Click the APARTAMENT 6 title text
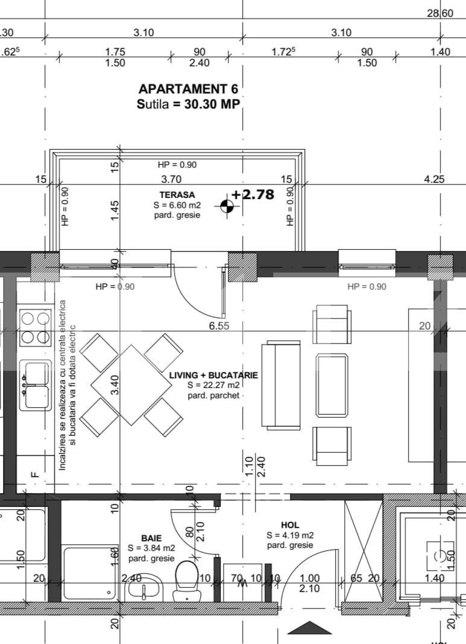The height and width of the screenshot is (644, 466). [x=189, y=89]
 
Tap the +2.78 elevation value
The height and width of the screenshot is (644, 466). [x=253, y=194]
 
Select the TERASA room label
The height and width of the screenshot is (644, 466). [x=177, y=195]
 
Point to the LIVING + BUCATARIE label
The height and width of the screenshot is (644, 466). [x=213, y=375]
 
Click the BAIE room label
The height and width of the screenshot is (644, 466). [x=151, y=538]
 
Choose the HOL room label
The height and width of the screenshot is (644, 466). [x=290, y=525]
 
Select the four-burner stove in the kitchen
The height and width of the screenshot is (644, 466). [x=35, y=327]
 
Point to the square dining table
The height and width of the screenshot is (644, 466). [x=131, y=384]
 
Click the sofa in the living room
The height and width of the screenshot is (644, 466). [x=280, y=385]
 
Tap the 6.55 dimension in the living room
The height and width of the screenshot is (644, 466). [x=218, y=326]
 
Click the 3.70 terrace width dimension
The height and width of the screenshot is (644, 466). [x=171, y=179]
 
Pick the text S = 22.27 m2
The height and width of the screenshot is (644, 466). [x=213, y=385]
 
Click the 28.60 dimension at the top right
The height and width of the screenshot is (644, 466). [x=440, y=13]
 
